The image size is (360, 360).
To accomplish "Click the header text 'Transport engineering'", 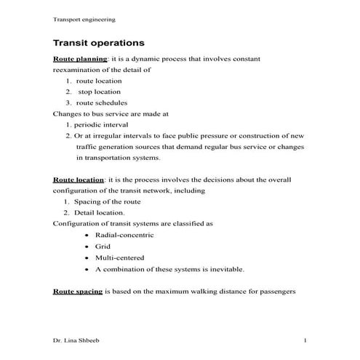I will pos(84,19).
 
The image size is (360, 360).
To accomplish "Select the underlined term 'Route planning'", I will pos(80,58).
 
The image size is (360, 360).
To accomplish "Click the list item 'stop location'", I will pos(100,92).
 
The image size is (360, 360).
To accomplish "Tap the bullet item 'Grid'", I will pos(103,247).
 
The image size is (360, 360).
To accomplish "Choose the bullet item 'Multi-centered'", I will pos(119,257).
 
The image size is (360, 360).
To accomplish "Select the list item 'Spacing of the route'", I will pos(108,201).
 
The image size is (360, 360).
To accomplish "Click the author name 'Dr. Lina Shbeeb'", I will pos(79,340).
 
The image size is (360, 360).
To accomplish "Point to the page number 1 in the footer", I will pos(305,340).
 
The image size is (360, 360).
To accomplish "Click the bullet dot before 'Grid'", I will pos(87,247).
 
